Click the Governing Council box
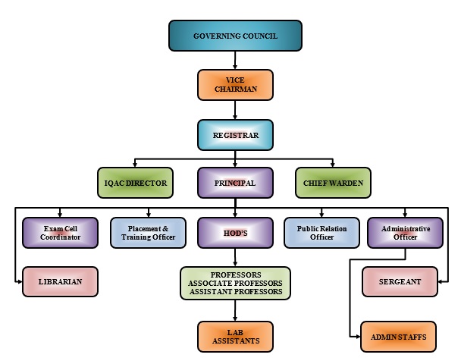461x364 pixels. pos(234,36)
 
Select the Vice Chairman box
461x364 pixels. pos(234,85)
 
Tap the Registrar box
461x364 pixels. pos(234,134)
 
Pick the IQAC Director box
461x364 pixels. pos(136,183)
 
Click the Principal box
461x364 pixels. pos(234,183)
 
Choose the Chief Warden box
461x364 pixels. pos(333,183)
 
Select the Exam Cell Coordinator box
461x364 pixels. pos(61,233)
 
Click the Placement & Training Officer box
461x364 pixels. pos(148,233)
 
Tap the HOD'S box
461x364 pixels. pos(234,233)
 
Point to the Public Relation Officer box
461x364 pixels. pos(321,233)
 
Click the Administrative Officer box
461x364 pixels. pos(405,233)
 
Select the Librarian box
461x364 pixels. pos(61,281)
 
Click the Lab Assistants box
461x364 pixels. pos(234,337)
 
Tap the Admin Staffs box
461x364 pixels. pos(399,336)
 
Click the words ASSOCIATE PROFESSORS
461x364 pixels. pos(234,283)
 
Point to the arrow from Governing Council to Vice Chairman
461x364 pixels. pos(234,60)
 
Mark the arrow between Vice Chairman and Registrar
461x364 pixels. pos(234,110)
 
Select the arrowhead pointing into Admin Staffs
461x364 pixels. pos(357,335)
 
